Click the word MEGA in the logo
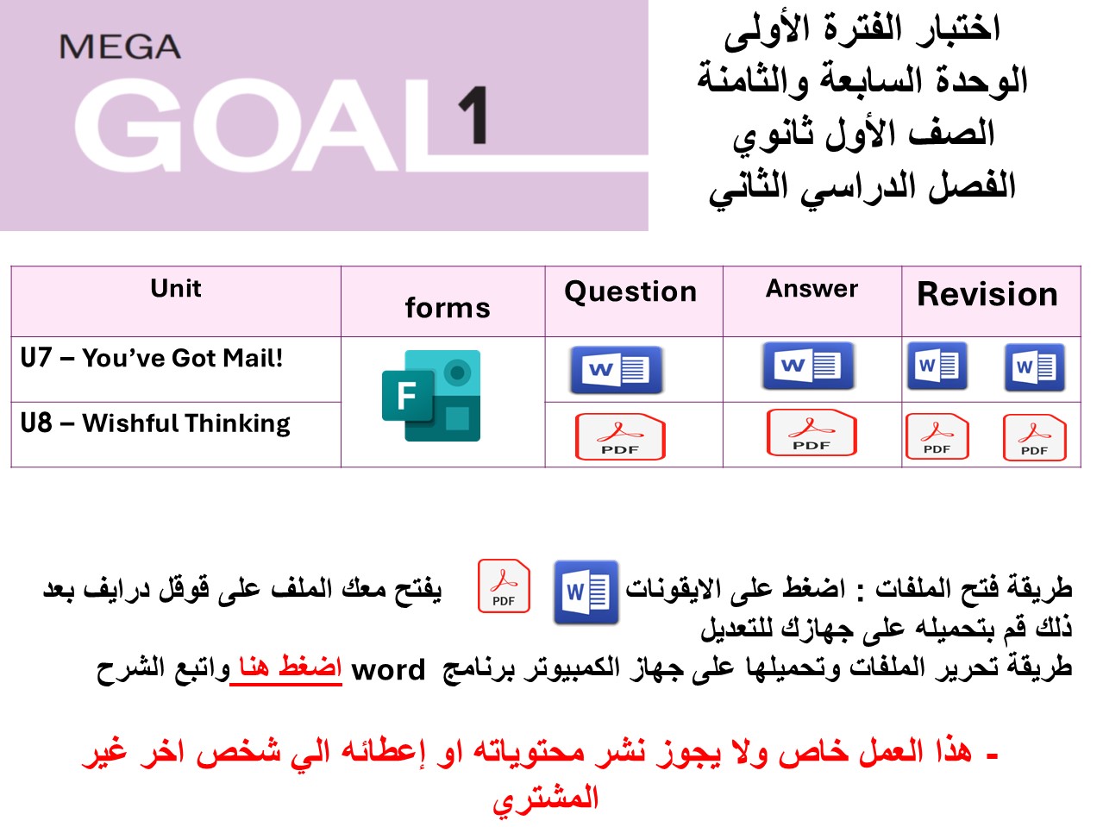(x=120, y=47)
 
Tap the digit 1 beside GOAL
(x=473, y=116)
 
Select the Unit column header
(x=176, y=288)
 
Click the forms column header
(x=447, y=308)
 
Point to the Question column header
(x=630, y=291)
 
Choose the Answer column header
(x=812, y=288)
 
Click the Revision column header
(x=987, y=294)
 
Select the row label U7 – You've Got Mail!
(x=152, y=358)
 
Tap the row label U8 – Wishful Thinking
(x=155, y=423)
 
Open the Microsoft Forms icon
(x=431, y=396)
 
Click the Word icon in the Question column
(x=617, y=370)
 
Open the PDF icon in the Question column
(x=620, y=436)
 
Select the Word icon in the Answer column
(x=808, y=366)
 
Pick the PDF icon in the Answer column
(x=812, y=432)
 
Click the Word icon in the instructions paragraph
(x=586, y=592)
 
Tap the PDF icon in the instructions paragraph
(x=504, y=586)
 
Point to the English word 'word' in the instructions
(x=388, y=670)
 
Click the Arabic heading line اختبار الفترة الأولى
(x=862, y=29)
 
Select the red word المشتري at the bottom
(x=545, y=799)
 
